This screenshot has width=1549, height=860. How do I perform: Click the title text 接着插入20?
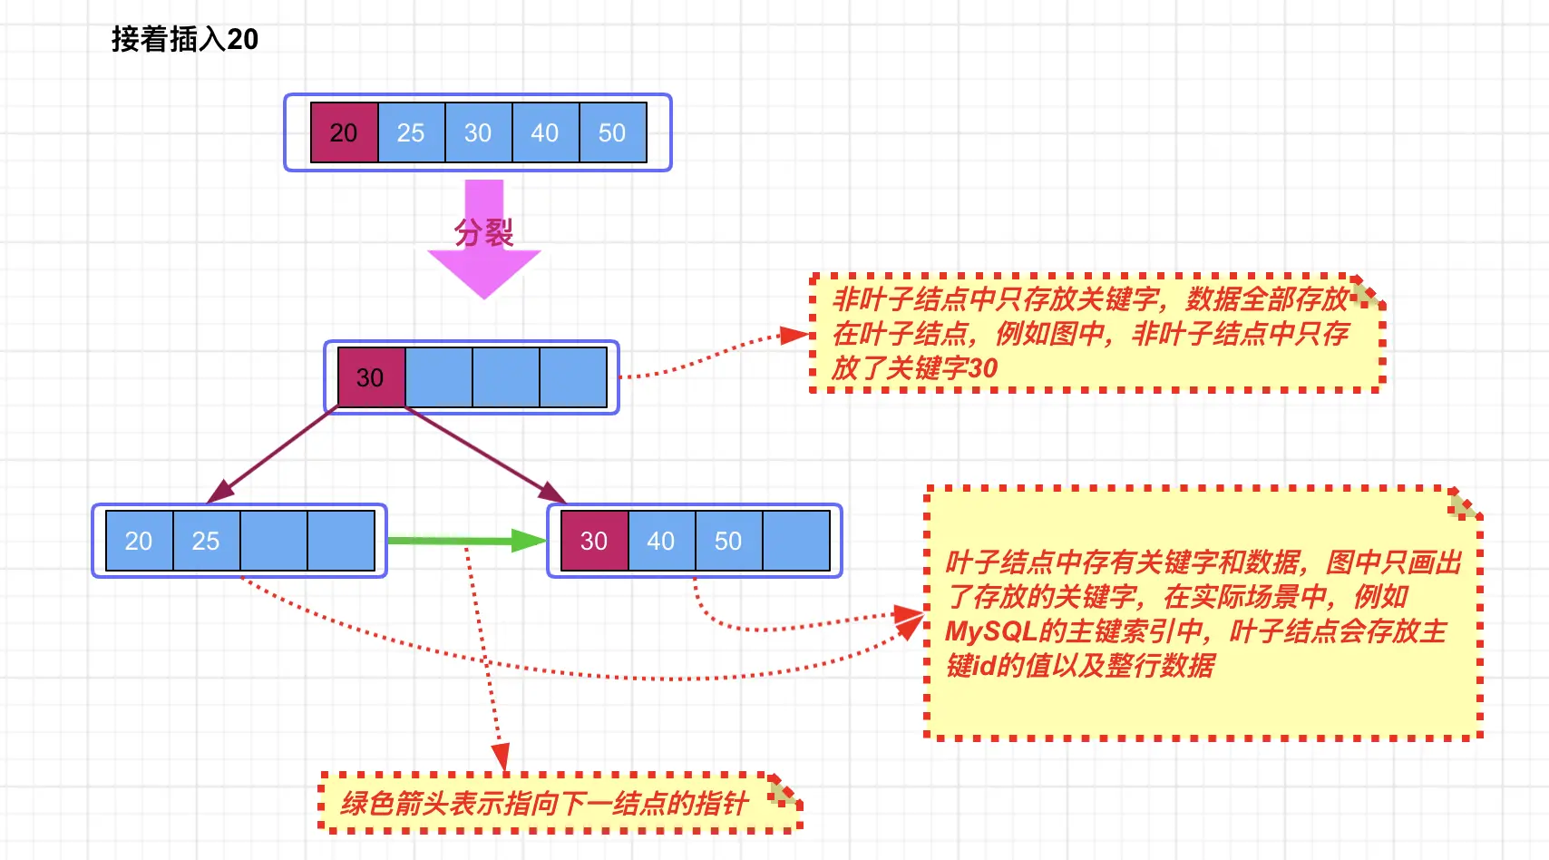[x=184, y=39]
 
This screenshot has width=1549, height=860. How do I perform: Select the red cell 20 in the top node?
[x=344, y=132]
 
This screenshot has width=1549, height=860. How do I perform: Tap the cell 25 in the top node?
[x=411, y=132]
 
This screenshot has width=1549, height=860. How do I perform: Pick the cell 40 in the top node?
[x=545, y=132]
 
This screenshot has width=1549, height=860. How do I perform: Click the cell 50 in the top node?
[x=612, y=132]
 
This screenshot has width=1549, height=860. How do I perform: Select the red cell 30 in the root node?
[x=370, y=377]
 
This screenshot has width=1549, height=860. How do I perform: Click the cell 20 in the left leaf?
[x=139, y=541]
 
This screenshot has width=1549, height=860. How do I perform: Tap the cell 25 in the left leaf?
[x=206, y=541]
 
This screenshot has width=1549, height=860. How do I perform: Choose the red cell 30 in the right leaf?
[x=594, y=541]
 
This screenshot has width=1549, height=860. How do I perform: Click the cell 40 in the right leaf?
[x=661, y=541]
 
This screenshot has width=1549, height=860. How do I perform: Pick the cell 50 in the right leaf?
[x=728, y=541]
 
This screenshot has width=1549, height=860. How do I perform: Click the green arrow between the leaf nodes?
[x=463, y=541]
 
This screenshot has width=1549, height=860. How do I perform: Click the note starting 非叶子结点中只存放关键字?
[x=1093, y=333]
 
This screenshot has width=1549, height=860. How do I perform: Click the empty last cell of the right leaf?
[x=796, y=541]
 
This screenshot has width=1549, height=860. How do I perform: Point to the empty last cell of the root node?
[x=573, y=377]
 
